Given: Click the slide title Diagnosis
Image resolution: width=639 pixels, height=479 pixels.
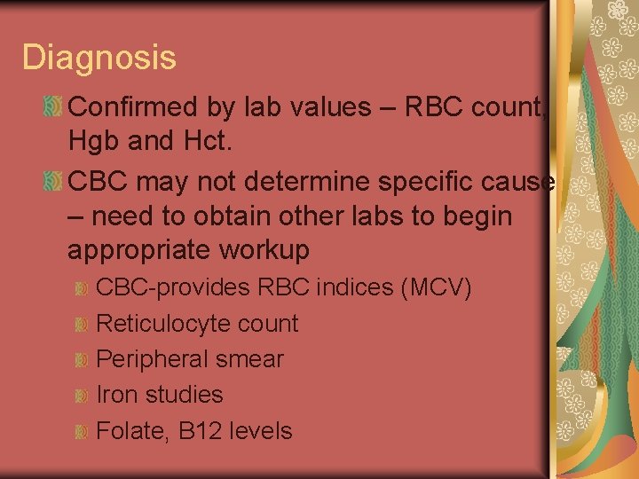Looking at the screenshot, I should point(99,58).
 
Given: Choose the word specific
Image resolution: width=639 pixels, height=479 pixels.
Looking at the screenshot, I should point(417,181).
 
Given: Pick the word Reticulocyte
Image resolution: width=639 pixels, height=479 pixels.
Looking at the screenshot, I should point(158,324).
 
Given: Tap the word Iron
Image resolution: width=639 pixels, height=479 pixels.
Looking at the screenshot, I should point(114,395).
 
